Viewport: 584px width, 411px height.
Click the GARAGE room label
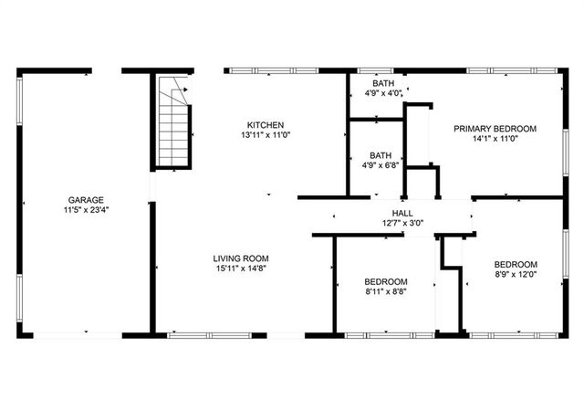click(84, 200)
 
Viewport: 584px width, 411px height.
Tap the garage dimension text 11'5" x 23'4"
click(84, 210)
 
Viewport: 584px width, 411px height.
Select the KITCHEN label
click(266, 125)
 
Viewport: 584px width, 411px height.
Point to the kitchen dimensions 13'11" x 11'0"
click(266, 135)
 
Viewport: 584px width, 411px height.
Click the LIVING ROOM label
click(241, 258)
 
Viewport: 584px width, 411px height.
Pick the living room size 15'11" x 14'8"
click(241, 269)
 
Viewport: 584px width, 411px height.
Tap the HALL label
click(402, 212)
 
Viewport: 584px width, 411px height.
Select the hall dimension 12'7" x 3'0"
click(402, 222)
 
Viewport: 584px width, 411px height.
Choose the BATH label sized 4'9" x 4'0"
click(382, 82)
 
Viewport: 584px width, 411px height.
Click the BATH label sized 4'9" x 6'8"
click(381, 155)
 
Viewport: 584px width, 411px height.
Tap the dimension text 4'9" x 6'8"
click(381, 165)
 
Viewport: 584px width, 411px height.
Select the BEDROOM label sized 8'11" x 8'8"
click(386, 281)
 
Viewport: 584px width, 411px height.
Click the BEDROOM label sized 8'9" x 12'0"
click(516, 264)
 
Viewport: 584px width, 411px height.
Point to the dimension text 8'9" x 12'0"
click(516, 274)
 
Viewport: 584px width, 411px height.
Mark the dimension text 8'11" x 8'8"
click(386, 291)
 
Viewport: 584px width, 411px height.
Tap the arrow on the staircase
click(182, 90)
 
